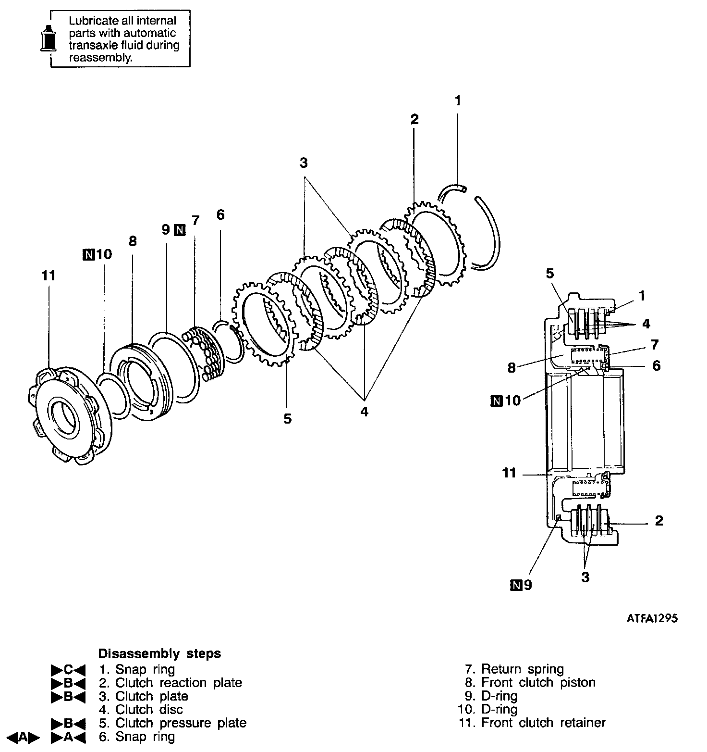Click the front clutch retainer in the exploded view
(69, 414)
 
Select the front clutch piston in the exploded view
(141, 382)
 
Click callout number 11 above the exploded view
(49, 276)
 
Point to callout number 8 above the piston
(133, 241)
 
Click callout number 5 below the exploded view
(287, 419)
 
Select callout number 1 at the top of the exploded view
(458, 100)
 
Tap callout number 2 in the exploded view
(414, 119)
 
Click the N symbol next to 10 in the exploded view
(89, 254)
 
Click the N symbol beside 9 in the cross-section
(515, 585)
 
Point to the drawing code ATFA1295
(652, 618)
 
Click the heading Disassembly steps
(159, 654)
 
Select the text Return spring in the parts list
(523, 669)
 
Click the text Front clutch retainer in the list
(544, 723)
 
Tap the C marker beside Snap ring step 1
(68, 670)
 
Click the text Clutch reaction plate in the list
(179, 683)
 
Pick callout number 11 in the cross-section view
(509, 473)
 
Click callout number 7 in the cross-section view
(655, 344)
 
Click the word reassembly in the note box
(100, 58)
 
